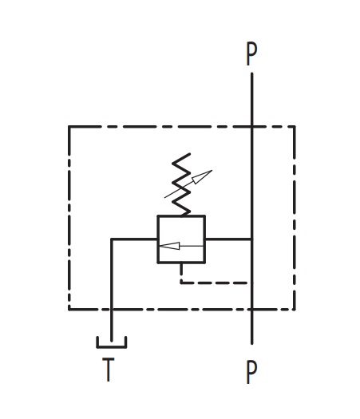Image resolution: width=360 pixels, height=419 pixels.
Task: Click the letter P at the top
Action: [x=251, y=53]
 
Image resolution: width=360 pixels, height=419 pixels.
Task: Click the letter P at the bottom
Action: [x=251, y=372]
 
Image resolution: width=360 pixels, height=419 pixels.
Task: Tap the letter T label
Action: [x=109, y=370]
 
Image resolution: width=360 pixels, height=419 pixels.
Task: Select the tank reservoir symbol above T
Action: [x=112, y=346]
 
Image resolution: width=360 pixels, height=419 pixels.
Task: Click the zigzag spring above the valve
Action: [x=181, y=184]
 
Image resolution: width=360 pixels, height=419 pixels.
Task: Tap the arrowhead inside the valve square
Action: [x=169, y=246]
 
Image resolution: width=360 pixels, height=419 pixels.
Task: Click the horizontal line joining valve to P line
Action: [x=228, y=239]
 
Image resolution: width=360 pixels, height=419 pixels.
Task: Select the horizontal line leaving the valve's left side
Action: [x=134, y=239]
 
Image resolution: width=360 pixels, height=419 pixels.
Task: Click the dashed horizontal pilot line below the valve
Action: [x=216, y=283]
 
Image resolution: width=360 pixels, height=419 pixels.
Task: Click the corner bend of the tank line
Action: [x=112, y=239]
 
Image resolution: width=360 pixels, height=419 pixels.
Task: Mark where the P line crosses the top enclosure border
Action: [x=251, y=127]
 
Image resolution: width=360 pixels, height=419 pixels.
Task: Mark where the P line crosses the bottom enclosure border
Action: [x=251, y=310]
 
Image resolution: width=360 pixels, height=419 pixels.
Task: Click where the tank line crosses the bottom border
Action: [x=112, y=310]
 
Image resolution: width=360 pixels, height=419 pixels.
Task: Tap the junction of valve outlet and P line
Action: [x=251, y=239]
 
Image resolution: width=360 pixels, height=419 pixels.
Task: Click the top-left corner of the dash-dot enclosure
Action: [x=69, y=127]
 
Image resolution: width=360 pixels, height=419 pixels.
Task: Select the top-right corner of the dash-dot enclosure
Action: [x=295, y=127]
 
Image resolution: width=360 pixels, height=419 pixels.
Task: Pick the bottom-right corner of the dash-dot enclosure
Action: [x=295, y=310]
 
